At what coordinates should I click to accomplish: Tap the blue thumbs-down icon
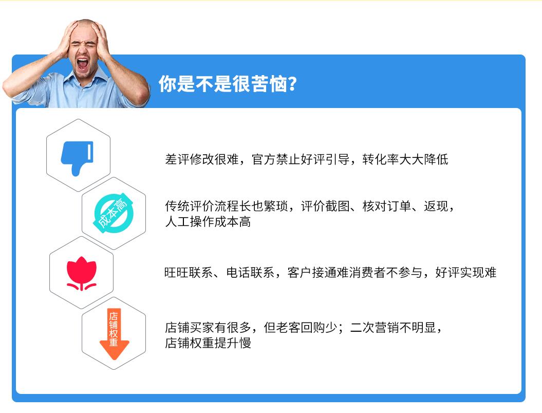click(77, 155)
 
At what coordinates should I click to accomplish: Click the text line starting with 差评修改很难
click(306, 159)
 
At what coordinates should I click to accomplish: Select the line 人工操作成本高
click(208, 222)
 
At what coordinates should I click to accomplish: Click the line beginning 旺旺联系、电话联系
click(330, 273)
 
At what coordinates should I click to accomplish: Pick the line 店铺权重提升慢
click(208, 343)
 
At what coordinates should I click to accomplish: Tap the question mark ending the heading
click(292, 84)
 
